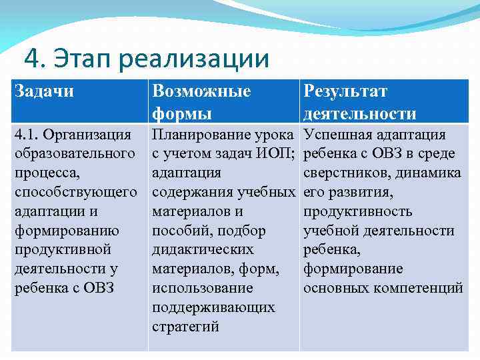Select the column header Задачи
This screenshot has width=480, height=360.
pos(43,91)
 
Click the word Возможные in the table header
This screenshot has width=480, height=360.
pos(201,91)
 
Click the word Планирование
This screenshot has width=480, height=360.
pos(199,135)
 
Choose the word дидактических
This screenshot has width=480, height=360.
pos(203,249)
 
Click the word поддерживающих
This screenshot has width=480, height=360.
pos(213,307)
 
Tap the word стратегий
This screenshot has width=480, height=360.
pos(185,327)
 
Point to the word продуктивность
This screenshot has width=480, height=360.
pos(357,212)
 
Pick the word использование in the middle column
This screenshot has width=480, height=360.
pos(203,288)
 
